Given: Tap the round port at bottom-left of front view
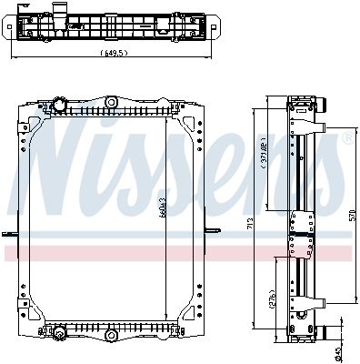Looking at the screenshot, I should [60, 329].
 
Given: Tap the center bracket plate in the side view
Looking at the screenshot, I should [300, 227].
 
